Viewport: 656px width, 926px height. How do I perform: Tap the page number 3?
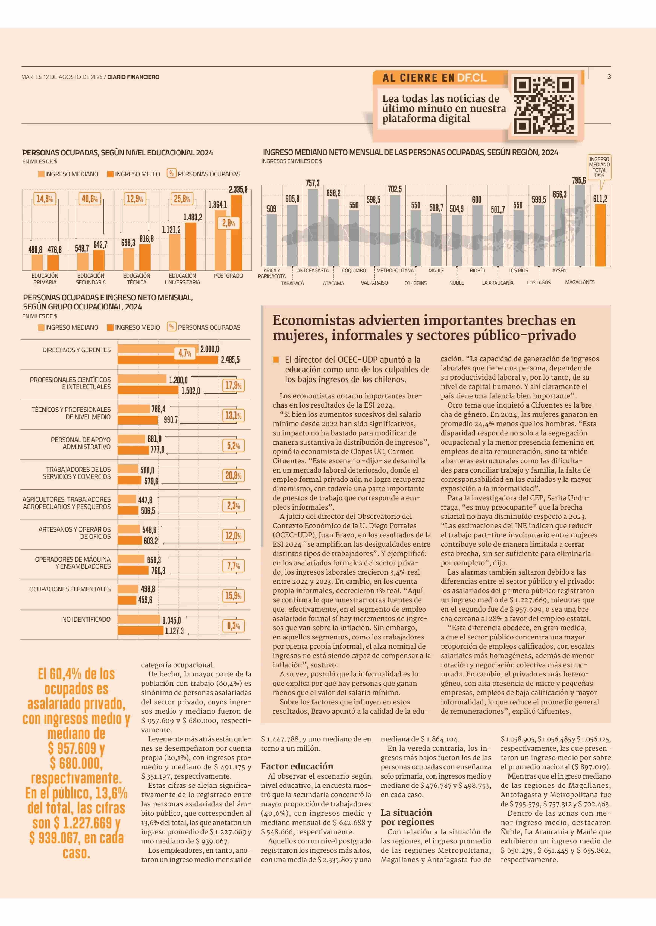click(x=609, y=77)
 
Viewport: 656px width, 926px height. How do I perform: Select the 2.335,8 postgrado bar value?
click(x=238, y=189)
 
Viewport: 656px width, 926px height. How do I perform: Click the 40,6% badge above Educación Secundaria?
click(x=90, y=199)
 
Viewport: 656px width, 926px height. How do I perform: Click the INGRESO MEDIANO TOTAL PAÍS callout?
click(x=600, y=167)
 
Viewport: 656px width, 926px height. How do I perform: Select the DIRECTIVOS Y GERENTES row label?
click(x=76, y=350)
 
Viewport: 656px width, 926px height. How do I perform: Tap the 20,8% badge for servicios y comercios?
click(x=233, y=475)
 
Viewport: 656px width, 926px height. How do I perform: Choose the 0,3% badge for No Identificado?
click(x=233, y=626)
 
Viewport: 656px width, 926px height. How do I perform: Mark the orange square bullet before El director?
click(x=276, y=359)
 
